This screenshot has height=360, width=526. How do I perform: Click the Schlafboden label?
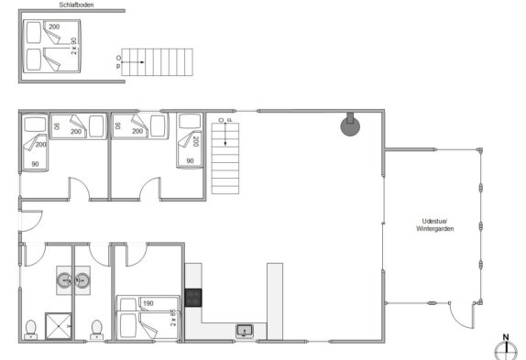click(76, 5)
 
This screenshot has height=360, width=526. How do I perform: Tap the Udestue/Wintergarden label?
click(435, 225)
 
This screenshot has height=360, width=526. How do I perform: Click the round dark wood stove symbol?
click(350, 125)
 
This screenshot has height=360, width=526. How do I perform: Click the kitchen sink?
click(245, 331)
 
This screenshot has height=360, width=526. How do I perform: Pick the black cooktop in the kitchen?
click(193, 298)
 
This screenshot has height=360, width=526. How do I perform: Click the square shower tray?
click(59, 326)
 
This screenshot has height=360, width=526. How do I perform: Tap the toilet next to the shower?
click(31, 330)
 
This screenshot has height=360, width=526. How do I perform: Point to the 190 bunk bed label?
click(148, 303)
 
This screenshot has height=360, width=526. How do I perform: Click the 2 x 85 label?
click(173, 318)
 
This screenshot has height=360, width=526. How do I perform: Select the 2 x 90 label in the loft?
click(74, 46)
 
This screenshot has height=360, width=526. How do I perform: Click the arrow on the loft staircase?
click(133, 62)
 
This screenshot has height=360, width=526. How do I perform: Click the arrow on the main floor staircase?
click(225, 134)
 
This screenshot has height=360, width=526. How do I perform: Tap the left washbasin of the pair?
click(64, 280)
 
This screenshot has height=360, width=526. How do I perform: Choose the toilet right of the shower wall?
click(96, 330)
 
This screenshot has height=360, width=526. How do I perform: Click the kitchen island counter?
click(275, 301)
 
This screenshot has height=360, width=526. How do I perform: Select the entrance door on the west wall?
click(31, 221)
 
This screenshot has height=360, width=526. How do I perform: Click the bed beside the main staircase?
click(190, 140)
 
